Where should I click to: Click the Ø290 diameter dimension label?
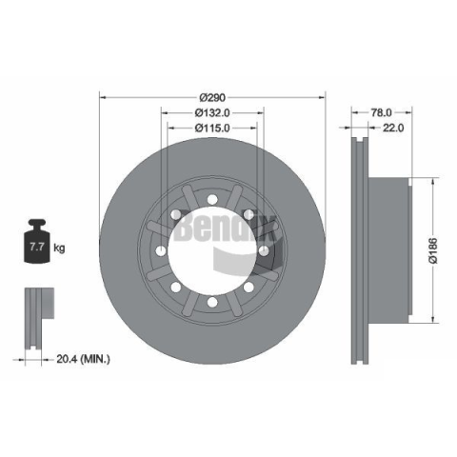(x=212, y=97)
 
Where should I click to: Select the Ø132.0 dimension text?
(x=212, y=112)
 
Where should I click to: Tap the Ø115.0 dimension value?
(x=212, y=128)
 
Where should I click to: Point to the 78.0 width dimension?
(x=382, y=112)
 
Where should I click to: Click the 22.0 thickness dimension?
(x=393, y=128)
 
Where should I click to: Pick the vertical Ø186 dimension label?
(x=433, y=250)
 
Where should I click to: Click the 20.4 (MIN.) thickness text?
(x=83, y=359)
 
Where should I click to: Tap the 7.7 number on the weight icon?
(x=37, y=247)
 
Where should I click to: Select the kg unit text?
(x=59, y=248)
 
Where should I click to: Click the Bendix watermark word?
(x=225, y=228)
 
